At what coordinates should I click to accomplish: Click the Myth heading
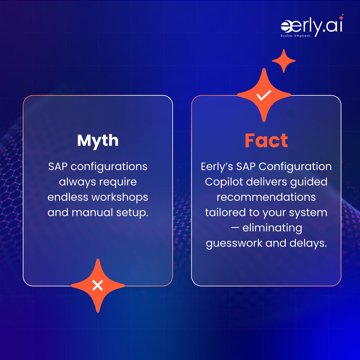[98, 140]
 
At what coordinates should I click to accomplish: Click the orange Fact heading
[266, 140]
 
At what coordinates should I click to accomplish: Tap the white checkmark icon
[264, 95]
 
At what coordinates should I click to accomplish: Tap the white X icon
[97, 285]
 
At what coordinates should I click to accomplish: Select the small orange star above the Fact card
[283, 61]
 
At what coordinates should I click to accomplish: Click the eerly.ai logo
[311, 26]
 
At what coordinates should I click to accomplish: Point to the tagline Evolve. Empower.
[296, 35]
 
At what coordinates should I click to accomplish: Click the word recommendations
[266, 197]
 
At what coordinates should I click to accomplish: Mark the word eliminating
[272, 228]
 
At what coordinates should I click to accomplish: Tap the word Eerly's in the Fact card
[217, 166]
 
